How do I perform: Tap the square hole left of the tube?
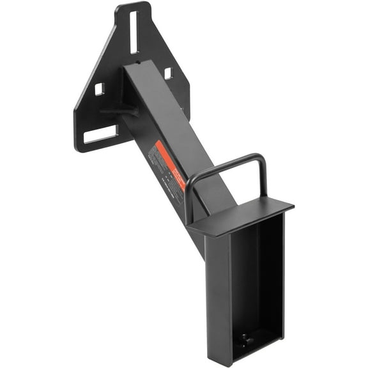tap(99, 89)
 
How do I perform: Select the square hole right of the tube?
tap(167, 73)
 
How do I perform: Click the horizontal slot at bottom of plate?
tap(100, 135)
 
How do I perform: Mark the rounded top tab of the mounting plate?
tap(133, 8)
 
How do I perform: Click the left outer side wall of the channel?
tap(217, 287)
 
